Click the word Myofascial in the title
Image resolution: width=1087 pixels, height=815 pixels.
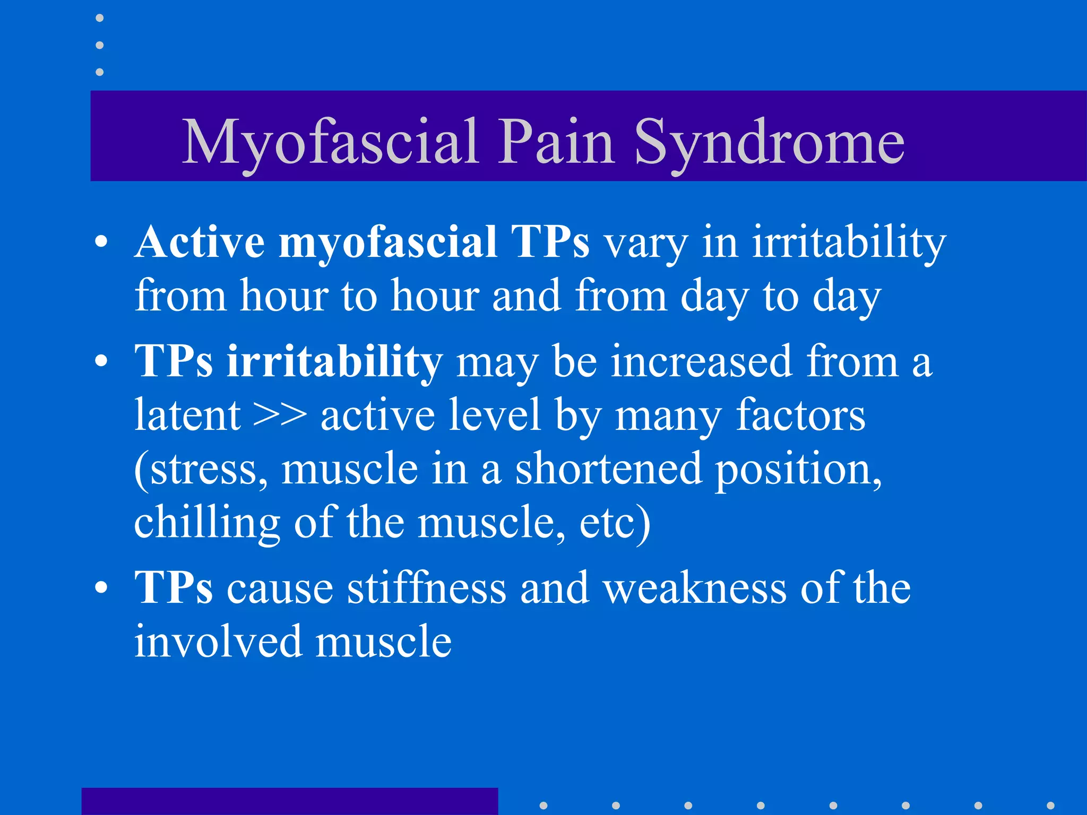pyautogui.click(x=330, y=142)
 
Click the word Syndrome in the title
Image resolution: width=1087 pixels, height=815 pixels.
pyautogui.click(x=769, y=142)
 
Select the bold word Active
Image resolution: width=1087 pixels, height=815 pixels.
pyautogui.click(x=200, y=242)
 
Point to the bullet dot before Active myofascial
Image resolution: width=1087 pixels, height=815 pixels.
pyautogui.click(x=101, y=243)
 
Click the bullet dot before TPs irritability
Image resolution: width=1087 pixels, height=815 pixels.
pyautogui.click(x=101, y=362)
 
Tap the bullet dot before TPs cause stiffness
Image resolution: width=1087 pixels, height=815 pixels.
pyautogui.click(x=101, y=588)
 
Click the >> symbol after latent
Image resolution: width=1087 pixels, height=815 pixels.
pyautogui.click(x=280, y=415)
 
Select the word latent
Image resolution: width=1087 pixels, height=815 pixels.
pyautogui.click(x=187, y=415)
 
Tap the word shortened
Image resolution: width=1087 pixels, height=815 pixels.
pyautogui.click(x=609, y=469)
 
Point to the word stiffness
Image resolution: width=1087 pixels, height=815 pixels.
pyautogui.click(x=427, y=588)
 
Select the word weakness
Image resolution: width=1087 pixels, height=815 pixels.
pyautogui.click(x=695, y=588)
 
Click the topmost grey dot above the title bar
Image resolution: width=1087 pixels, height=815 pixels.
pyautogui.click(x=99, y=18)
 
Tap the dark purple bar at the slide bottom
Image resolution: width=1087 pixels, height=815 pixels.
pyautogui.click(x=289, y=801)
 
